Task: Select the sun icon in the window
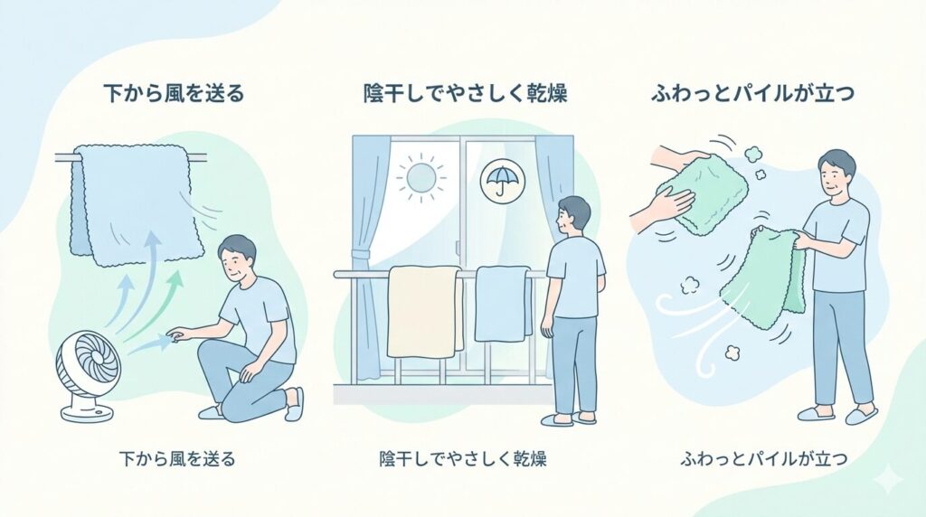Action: click(x=421, y=176)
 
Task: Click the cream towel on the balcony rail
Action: click(x=424, y=310)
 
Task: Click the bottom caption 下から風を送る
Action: click(x=176, y=459)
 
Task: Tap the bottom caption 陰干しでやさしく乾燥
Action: click(x=463, y=459)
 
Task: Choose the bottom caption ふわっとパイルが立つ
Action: click(x=763, y=459)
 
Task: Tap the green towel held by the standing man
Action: click(x=766, y=276)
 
